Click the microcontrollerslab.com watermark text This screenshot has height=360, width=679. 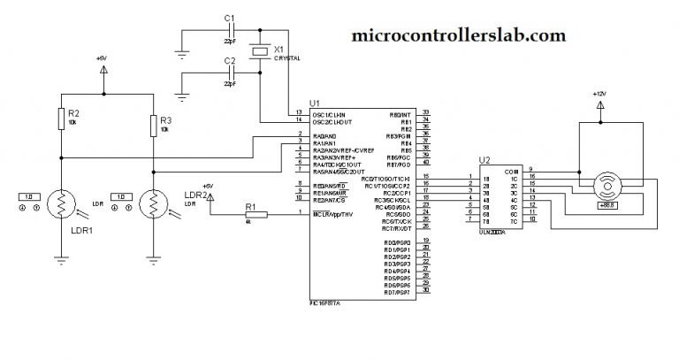[x=458, y=35]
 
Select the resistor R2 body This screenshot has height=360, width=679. [x=60, y=119]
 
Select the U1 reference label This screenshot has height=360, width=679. [x=315, y=103]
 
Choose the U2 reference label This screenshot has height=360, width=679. [x=484, y=160]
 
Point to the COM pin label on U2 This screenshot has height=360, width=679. [x=510, y=171]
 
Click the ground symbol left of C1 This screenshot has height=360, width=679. [x=183, y=50]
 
